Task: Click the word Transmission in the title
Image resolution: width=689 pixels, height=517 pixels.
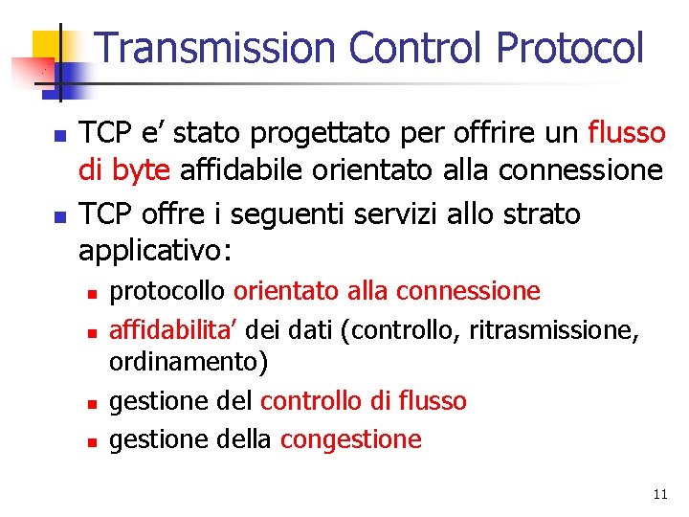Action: [217, 48]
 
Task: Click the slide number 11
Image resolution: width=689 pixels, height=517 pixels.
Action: [659, 494]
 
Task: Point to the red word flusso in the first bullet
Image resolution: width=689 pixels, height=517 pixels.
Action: [627, 132]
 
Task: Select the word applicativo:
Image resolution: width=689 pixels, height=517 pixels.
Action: [154, 251]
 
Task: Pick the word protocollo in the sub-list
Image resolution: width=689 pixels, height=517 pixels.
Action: [167, 290]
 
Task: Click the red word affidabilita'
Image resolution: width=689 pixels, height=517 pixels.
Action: [174, 330]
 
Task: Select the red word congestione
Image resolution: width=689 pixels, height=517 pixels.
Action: [351, 439]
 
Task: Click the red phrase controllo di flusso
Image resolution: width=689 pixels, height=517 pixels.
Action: [364, 400]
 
